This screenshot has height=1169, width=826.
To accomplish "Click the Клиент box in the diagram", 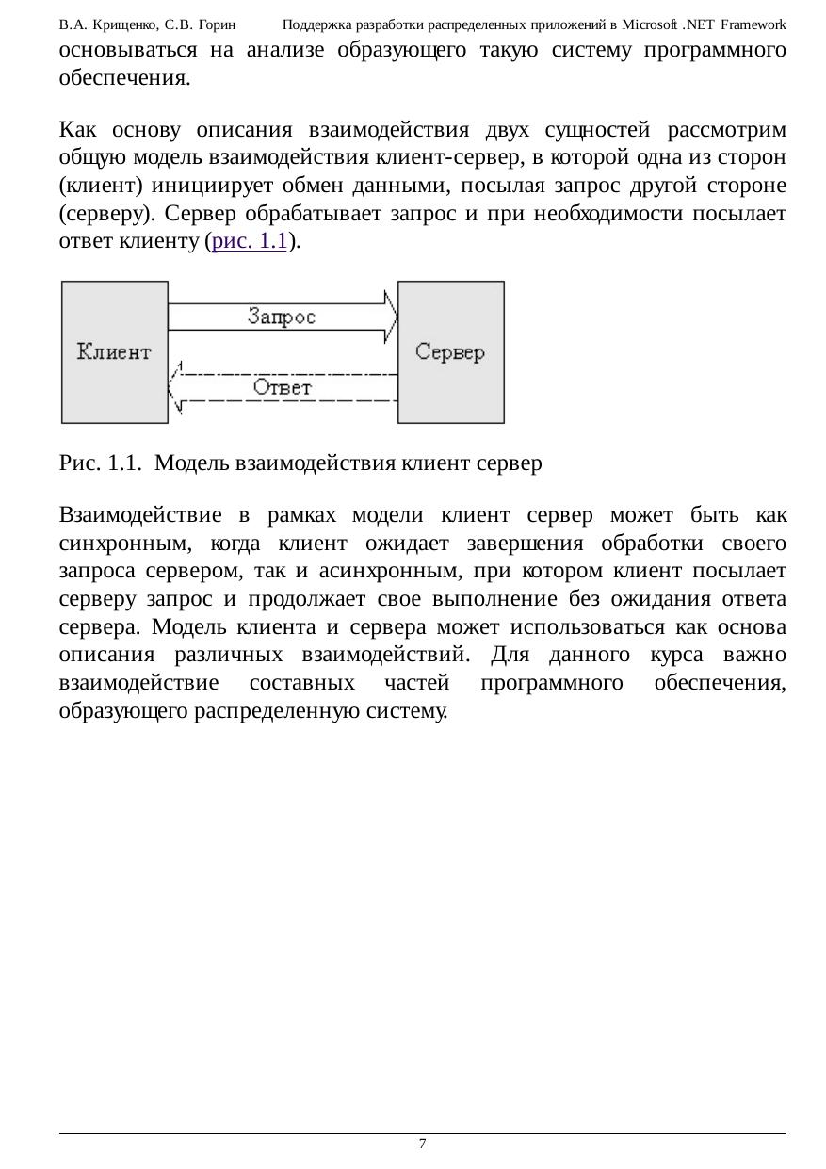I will [x=114, y=351].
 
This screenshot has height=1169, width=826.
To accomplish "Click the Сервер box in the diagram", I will [x=450, y=351].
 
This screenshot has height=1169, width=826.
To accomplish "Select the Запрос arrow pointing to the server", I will [x=283, y=317].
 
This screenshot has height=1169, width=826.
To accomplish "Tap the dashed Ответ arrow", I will [x=283, y=387].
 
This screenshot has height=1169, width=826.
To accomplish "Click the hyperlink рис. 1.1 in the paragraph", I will [x=250, y=242].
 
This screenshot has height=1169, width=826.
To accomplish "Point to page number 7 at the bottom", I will [x=422, y=1144].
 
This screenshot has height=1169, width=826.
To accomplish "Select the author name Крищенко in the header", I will [x=121, y=24].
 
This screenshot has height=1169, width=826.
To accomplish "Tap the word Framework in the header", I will [x=753, y=24].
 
